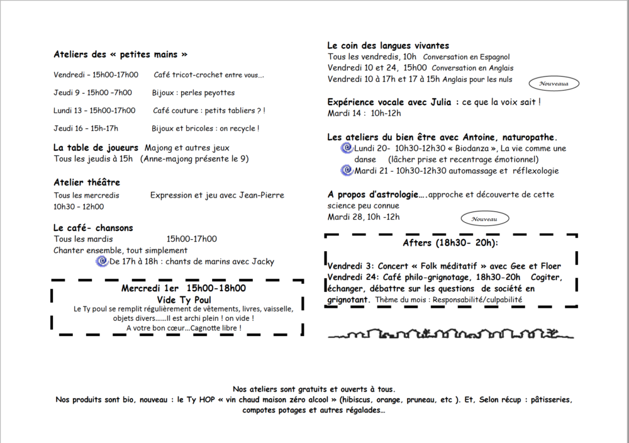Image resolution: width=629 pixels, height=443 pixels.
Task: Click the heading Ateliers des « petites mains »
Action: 120,54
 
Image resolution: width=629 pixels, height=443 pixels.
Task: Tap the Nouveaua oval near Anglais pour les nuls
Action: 554,83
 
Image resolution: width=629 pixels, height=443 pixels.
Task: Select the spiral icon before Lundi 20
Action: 346,148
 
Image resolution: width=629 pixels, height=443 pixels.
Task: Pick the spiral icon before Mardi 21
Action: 346,170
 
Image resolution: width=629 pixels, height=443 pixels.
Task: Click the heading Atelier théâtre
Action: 87,182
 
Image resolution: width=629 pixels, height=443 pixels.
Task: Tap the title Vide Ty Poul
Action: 184,300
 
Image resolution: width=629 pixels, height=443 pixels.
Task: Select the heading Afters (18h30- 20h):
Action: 450,243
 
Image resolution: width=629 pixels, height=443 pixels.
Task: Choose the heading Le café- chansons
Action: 93,228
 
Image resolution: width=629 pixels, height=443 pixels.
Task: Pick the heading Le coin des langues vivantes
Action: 388,45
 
